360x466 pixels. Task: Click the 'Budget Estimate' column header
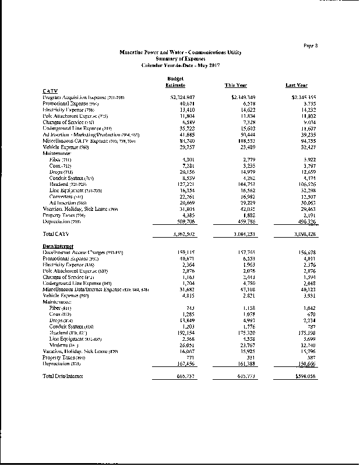175,82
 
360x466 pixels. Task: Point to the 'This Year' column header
237,85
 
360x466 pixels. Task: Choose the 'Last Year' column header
297,85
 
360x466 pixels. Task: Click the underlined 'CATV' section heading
50,90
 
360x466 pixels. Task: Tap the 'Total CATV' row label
57,233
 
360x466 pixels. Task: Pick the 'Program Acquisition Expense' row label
76,97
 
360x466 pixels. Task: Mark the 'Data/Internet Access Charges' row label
81,252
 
